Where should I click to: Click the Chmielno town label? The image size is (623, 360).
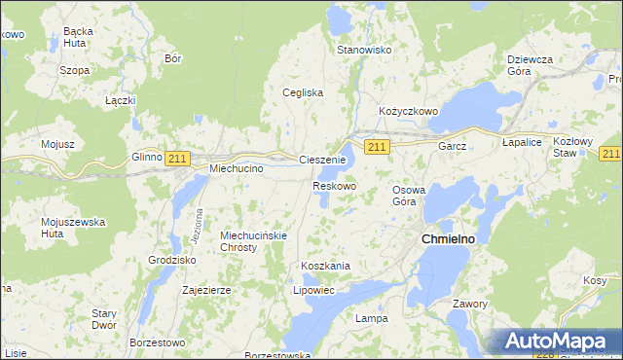[447, 238]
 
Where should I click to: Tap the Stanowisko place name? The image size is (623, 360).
[363, 50]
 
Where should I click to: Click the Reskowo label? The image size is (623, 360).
[334, 186]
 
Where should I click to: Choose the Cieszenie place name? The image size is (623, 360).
[322, 160]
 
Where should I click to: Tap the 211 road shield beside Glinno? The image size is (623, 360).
[176, 158]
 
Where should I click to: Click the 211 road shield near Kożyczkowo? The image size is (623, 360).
[379, 146]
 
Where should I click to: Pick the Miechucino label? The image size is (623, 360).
[238, 168]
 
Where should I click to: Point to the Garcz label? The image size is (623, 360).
[453, 146]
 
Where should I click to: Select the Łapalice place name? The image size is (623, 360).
[521, 142]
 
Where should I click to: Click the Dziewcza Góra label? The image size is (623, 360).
[531, 65]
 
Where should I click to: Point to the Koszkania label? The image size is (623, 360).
[325, 266]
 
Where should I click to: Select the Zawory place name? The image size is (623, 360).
[470, 304]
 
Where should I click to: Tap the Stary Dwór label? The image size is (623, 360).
[104, 319]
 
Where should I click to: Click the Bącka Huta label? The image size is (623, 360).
[77, 37]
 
